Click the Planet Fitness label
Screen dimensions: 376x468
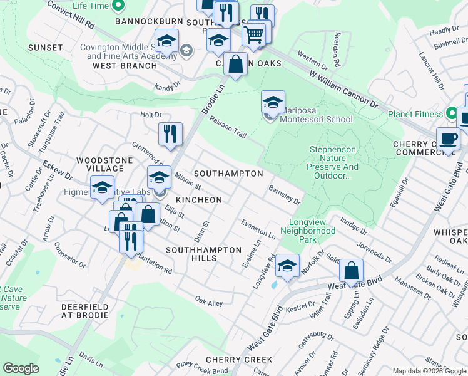(x=415, y=114)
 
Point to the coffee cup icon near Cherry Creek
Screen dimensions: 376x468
(x=447, y=138)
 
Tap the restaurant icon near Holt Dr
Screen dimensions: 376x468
(x=170, y=133)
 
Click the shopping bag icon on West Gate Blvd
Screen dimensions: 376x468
(x=352, y=271)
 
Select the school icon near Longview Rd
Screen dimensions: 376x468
(x=287, y=266)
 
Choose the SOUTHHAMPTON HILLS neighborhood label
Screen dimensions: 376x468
(x=203, y=254)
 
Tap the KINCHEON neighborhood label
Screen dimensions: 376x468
(x=199, y=200)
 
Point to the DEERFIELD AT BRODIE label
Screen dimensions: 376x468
(x=85, y=311)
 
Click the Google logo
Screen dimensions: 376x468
(x=21, y=368)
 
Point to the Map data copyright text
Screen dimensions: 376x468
(x=429, y=371)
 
